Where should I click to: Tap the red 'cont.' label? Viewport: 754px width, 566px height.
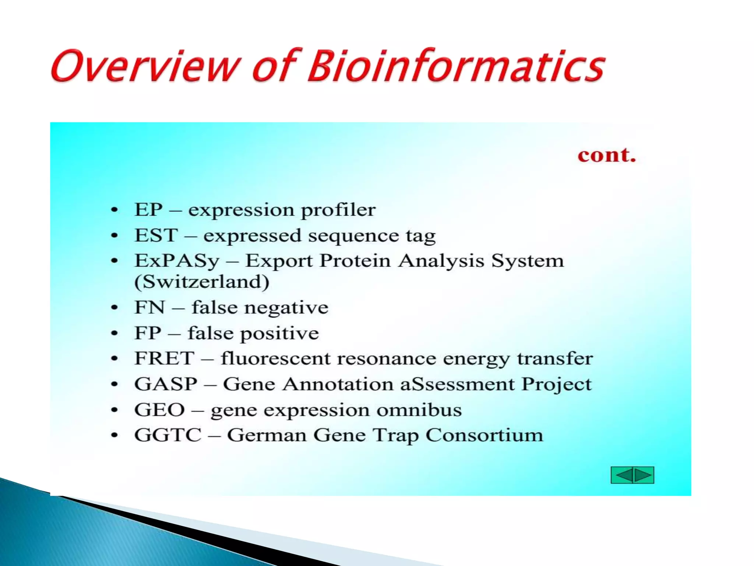pyautogui.click(x=607, y=155)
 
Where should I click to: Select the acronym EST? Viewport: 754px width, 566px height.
pyautogui.click(x=156, y=235)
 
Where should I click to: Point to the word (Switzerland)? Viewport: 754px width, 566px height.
pyautogui.click(x=202, y=282)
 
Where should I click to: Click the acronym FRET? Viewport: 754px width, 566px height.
pyautogui.click(x=164, y=358)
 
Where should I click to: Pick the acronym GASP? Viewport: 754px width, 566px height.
pyautogui.click(x=166, y=384)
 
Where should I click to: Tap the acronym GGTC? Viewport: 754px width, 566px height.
pyautogui.click(x=168, y=435)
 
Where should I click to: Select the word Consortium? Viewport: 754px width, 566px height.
pyautogui.click(x=484, y=435)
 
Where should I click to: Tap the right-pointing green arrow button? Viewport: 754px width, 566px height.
pyautogui.click(x=643, y=475)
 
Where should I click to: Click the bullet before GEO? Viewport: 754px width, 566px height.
pyautogui.click(x=114, y=410)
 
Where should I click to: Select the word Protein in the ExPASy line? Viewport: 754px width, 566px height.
pyautogui.click(x=355, y=261)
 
